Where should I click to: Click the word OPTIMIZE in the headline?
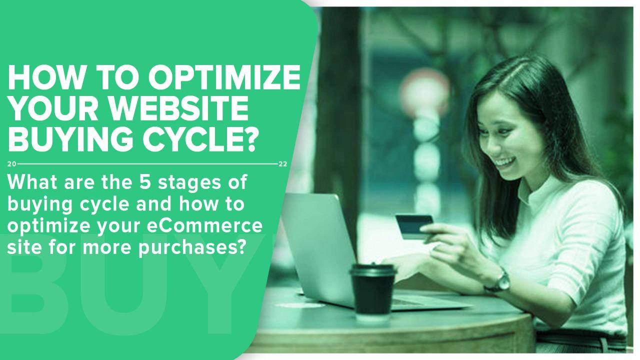point(224,77)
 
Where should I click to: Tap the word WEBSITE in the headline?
point(181,108)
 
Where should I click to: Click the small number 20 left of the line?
point(11,164)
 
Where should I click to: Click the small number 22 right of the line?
point(283,164)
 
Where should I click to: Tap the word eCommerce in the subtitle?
point(204,225)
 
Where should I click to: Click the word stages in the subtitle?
point(189,183)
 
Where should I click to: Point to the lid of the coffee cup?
point(373,270)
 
